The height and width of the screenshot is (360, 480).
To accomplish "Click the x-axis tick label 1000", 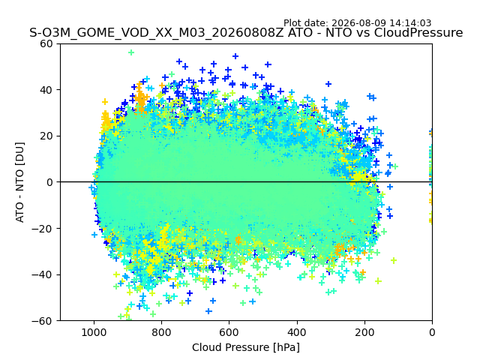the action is (94, 332).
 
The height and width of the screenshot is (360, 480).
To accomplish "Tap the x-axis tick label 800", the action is (161, 332).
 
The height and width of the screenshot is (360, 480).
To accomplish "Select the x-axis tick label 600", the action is (229, 332).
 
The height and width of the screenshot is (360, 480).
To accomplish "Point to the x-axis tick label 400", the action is (297, 332).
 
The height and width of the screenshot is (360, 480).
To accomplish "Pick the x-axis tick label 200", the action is (364, 332).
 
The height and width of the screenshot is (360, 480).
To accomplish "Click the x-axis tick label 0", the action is (432, 332).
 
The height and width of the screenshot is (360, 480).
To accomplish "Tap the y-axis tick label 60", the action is (46, 43).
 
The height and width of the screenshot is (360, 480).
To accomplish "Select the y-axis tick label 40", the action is (46, 90).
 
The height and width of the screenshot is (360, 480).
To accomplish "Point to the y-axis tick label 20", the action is (46, 136).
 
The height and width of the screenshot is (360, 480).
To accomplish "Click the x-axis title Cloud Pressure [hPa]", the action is (246, 348).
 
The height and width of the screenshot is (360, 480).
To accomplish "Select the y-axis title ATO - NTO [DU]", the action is (20, 182).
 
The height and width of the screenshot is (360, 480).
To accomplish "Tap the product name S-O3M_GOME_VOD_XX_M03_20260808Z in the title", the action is (157, 33).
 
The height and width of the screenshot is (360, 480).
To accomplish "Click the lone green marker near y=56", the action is (131, 52).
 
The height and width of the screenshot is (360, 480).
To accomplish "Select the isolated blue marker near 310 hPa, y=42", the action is (328, 84).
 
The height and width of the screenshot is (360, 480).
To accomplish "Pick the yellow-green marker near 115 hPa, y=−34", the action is (394, 260).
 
